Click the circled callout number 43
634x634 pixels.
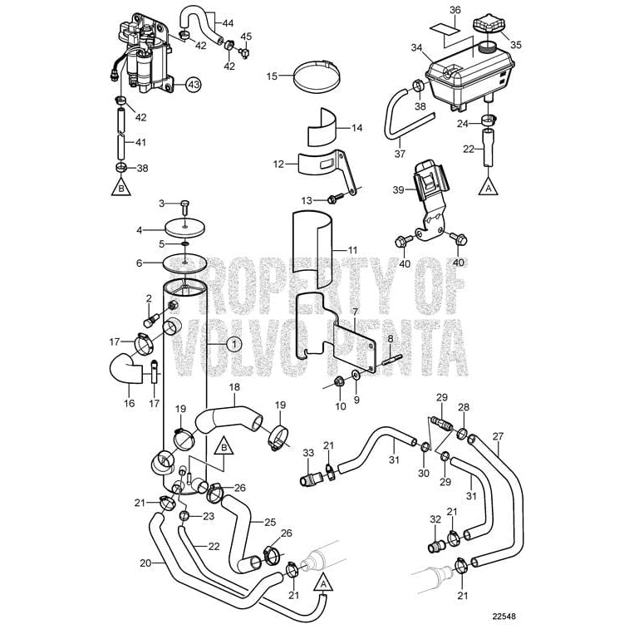point(194,84)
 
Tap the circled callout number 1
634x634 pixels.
point(233,343)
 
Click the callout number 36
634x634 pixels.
point(454,10)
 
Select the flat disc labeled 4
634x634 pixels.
point(187,227)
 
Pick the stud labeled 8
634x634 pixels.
point(393,360)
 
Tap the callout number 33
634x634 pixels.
point(308,452)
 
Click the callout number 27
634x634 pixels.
point(498,436)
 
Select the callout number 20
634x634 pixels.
point(145,563)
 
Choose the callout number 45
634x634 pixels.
point(246,37)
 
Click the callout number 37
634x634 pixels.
point(400,153)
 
